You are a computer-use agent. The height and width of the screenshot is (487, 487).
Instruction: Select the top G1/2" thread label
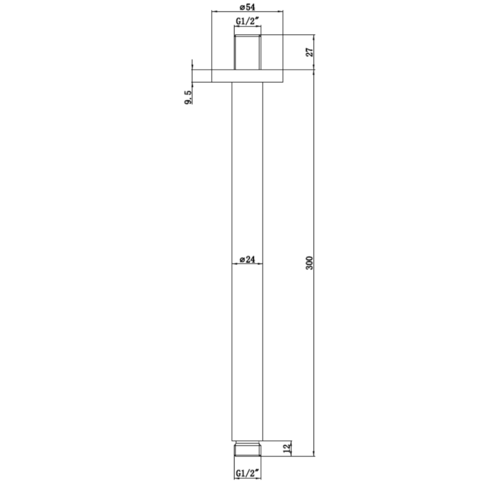pyautogui.click(x=248, y=22)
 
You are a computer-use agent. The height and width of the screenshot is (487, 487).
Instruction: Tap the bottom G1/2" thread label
pyautogui.click(x=248, y=473)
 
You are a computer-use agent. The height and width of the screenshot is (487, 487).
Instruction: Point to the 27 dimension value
pyautogui.click(x=310, y=52)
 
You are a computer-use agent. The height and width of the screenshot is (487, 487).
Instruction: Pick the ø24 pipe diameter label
pyautogui.click(x=247, y=259)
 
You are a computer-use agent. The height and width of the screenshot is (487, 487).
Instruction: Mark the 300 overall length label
pyautogui.click(x=310, y=263)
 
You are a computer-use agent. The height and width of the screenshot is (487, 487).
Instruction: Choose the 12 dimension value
pyautogui.click(x=287, y=447)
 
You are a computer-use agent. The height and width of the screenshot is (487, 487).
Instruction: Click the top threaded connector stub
pyautogui.click(x=247, y=52)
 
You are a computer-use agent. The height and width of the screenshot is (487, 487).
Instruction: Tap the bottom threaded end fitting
pyautogui.click(x=247, y=450)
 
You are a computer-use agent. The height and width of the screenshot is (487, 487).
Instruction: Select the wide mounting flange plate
pyautogui.click(x=247, y=76)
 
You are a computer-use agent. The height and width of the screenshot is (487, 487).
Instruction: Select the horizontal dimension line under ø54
pyautogui.click(x=247, y=12)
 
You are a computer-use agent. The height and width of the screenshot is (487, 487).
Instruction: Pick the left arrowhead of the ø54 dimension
pyautogui.click(x=213, y=12)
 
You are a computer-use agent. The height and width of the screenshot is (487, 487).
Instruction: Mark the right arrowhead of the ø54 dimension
pyautogui.click(x=281, y=12)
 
